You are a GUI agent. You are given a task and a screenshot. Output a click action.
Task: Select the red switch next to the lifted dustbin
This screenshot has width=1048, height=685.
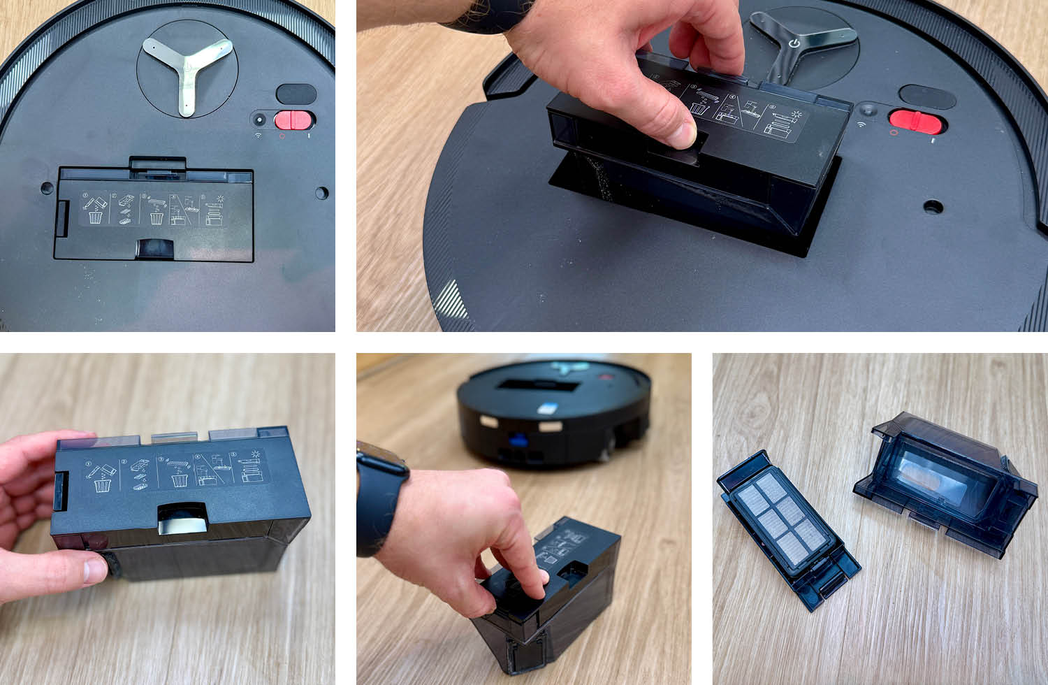click(917, 121)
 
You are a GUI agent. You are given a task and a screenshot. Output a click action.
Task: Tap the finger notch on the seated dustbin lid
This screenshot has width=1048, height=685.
click(154, 248)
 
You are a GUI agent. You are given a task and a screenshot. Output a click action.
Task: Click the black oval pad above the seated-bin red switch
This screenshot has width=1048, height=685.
click(296, 94)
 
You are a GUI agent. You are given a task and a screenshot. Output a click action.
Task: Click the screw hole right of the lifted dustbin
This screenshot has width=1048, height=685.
click(932, 206)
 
